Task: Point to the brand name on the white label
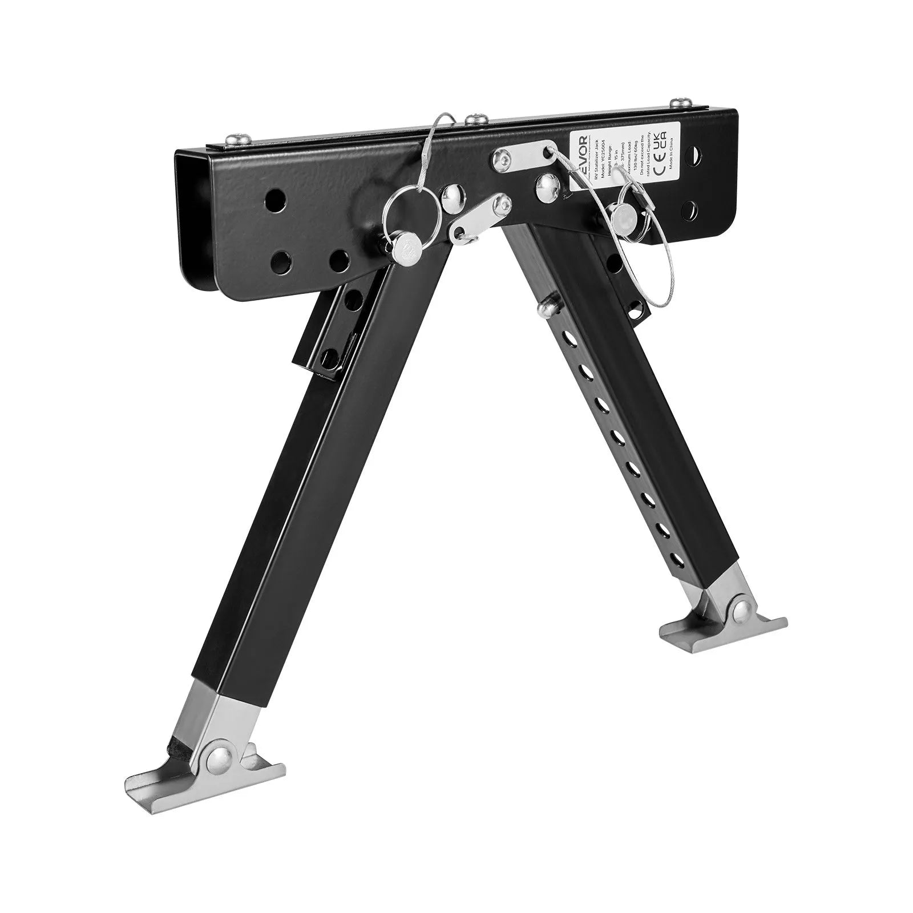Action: tap(583, 156)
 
